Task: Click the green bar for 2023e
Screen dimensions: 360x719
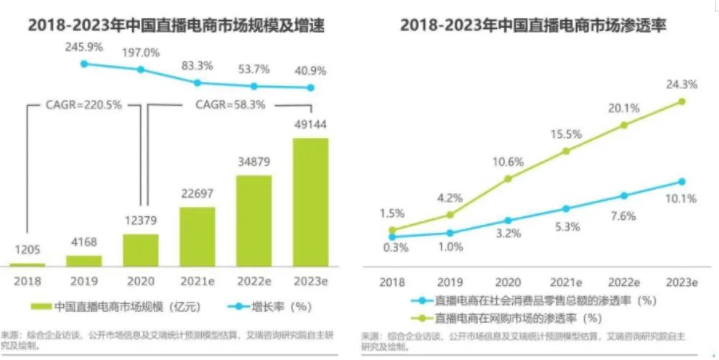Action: point(310,202)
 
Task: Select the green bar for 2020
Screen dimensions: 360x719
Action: point(141,249)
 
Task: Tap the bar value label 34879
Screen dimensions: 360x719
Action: point(254,161)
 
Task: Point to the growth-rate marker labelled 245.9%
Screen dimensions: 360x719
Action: point(84,64)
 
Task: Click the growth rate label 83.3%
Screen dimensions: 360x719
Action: point(198,65)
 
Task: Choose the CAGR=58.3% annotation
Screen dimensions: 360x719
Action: point(231,104)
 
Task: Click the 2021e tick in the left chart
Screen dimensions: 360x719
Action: point(198,283)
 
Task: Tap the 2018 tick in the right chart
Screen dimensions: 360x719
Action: point(391,283)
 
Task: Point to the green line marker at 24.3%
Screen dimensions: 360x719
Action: point(682,101)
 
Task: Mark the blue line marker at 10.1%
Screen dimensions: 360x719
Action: point(682,181)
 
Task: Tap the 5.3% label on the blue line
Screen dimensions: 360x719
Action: point(566,227)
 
